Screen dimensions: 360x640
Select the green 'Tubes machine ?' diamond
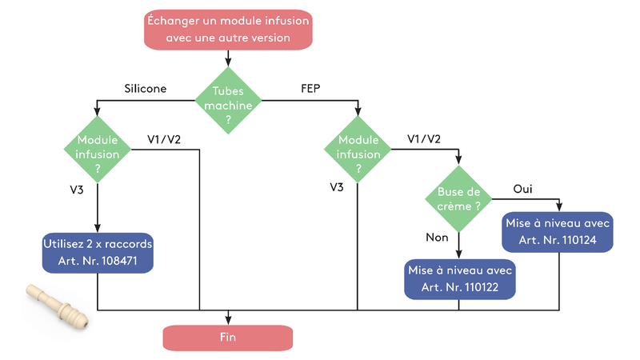228,100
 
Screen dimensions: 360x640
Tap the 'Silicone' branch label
145,89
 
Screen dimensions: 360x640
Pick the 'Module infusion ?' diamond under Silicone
97,148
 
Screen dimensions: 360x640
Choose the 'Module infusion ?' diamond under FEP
358,149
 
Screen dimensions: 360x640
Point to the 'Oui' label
523,189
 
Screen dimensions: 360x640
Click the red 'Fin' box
228,337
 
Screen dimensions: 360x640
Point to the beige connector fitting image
55,306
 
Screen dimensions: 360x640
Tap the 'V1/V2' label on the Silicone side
164,139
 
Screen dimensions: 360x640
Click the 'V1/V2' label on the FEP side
424,139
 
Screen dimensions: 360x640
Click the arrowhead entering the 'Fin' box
228,321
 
